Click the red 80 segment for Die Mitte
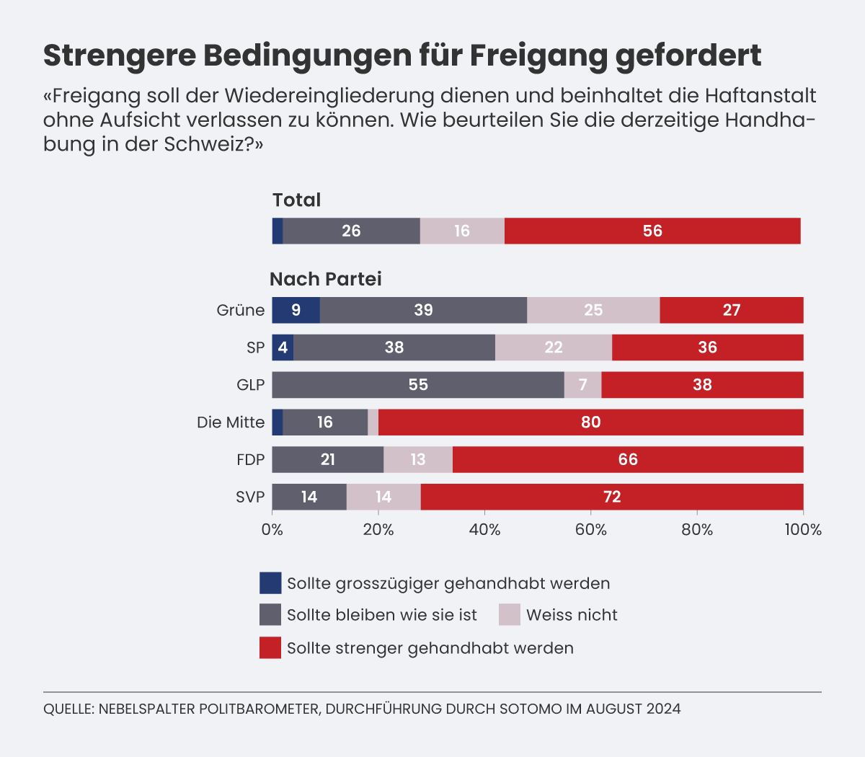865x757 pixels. (x=590, y=422)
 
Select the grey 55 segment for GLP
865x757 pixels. (x=418, y=385)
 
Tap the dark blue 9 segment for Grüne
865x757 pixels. (x=296, y=310)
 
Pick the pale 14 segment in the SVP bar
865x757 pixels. (x=383, y=497)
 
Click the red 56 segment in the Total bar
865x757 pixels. (x=652, y=231)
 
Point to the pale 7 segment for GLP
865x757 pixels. (x=582, y=385)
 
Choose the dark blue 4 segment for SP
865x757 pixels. (x=283, y=347)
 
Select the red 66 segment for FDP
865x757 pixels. (x=628, y=460)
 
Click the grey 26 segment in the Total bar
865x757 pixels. (x=351, y=231)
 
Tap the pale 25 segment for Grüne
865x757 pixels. (x=593, y=310)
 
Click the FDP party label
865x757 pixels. (x=250, y=460)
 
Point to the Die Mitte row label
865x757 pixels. (x=231, y=422)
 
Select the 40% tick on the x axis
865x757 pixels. (x=484, y=530)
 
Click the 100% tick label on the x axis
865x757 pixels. (x=803, y=530)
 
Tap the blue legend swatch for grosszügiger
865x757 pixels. (x=270, y=583)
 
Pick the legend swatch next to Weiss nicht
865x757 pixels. (x=509, y=615)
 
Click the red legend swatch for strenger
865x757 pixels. (x=270, y=647)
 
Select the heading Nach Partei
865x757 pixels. (x=326, y=279)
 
